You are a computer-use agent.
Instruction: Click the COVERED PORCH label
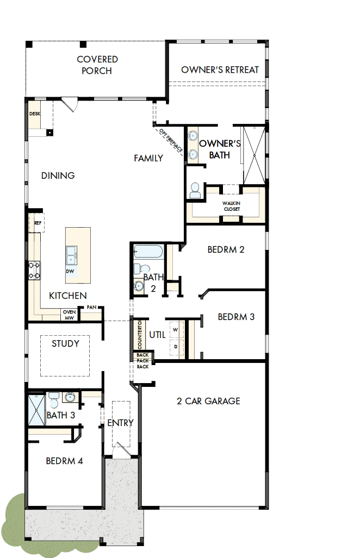pos(97,65)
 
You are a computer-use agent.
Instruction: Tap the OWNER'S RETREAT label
pos(220,70)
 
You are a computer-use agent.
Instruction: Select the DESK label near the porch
pos(35,114)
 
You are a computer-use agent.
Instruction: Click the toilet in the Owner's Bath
pos(195,190)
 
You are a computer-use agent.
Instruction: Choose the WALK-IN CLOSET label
pos(231,206)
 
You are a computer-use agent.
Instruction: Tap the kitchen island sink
pos(71,254)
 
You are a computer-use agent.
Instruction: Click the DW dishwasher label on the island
pos(71,271)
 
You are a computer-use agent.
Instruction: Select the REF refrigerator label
pos(38,223)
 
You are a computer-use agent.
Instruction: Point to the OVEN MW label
pos(69,315)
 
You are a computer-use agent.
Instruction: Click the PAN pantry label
pos(91,308)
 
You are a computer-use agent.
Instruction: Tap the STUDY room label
pos(65,343)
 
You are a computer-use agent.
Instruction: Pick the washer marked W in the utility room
pos(176,330)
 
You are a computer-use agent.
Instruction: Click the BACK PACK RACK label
pos(142,361)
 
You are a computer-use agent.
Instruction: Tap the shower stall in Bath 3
pos(36,410)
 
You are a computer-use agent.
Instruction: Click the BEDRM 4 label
pos(64,461)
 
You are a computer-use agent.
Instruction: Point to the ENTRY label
pos(120,423)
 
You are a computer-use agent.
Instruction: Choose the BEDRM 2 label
pos(226,249)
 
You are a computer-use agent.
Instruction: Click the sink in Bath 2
pos(139,286)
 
